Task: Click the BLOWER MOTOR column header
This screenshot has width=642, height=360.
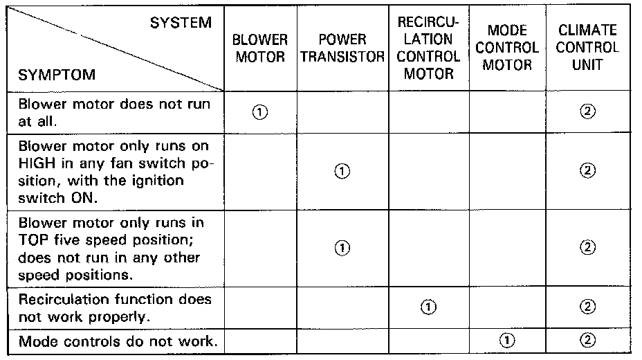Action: pyautogui.click(x=260, y=48)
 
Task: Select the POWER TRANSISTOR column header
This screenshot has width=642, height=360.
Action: pyautogui.click(x=342, y=48)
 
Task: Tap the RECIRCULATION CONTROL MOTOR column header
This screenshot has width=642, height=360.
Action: pyautogui.click(x=428, y=48)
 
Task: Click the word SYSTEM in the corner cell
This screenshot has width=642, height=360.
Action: pyautogui.click(x=181, y=23)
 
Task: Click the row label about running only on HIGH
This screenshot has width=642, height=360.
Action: pyautogui.click(x=114, y=172)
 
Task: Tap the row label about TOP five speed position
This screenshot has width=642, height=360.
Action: pyautogui.click(x=114, y=249)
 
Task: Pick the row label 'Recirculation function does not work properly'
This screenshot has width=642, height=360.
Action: pyautogui.click(x=114, y=308)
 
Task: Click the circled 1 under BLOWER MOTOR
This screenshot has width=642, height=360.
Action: pyautogui.click(x=260, y=112)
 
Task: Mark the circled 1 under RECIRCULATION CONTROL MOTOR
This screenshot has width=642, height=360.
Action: pyautogui.click(x=428, y=306)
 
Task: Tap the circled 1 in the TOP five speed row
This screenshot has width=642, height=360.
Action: pyautogui.click(x=342, y=247)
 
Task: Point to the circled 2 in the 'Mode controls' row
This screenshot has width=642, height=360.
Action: pyautogui.click(x=588, y=340)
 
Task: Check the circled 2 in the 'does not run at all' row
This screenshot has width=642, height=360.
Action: pyautogui.click(x=588, y=112)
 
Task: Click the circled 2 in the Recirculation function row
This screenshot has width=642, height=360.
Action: pyautogui.click(x=588, y=306)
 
